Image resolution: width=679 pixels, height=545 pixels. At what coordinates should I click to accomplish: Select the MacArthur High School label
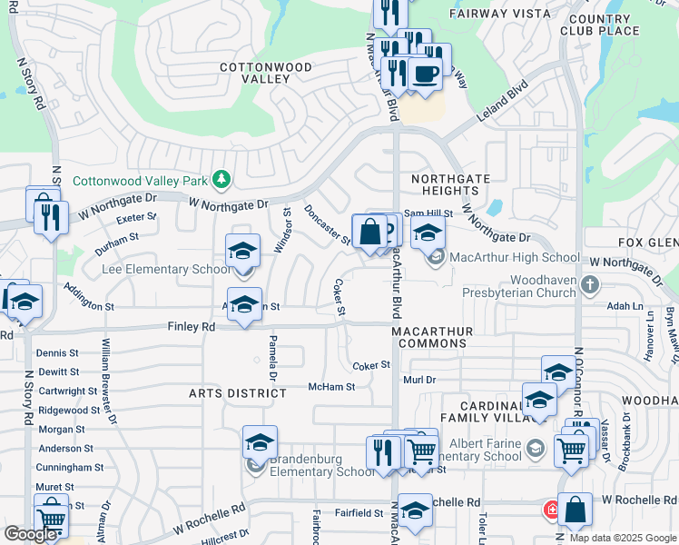pos(514,258)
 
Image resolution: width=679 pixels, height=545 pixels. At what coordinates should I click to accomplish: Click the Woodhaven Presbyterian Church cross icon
pos(589,285)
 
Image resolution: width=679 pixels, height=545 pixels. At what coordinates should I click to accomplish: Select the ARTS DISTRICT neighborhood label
pos(238,393)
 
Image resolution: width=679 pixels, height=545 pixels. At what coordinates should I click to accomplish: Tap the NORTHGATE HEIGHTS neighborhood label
pos(444,185)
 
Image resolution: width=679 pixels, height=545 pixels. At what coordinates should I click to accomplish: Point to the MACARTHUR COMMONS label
pos(441,337)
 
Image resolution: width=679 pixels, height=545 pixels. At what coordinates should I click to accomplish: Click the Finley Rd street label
pos(191,326)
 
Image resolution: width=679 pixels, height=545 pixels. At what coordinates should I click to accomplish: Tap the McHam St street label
pos(330,386)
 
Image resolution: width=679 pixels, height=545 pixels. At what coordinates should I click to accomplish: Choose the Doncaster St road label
pos(328,224)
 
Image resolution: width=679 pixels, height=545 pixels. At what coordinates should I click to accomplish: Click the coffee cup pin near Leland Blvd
pos(425,74)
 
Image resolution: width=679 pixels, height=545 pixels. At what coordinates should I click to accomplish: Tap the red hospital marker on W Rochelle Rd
pos(551,510)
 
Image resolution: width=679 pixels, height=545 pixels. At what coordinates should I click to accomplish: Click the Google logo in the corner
pos(30,534)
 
